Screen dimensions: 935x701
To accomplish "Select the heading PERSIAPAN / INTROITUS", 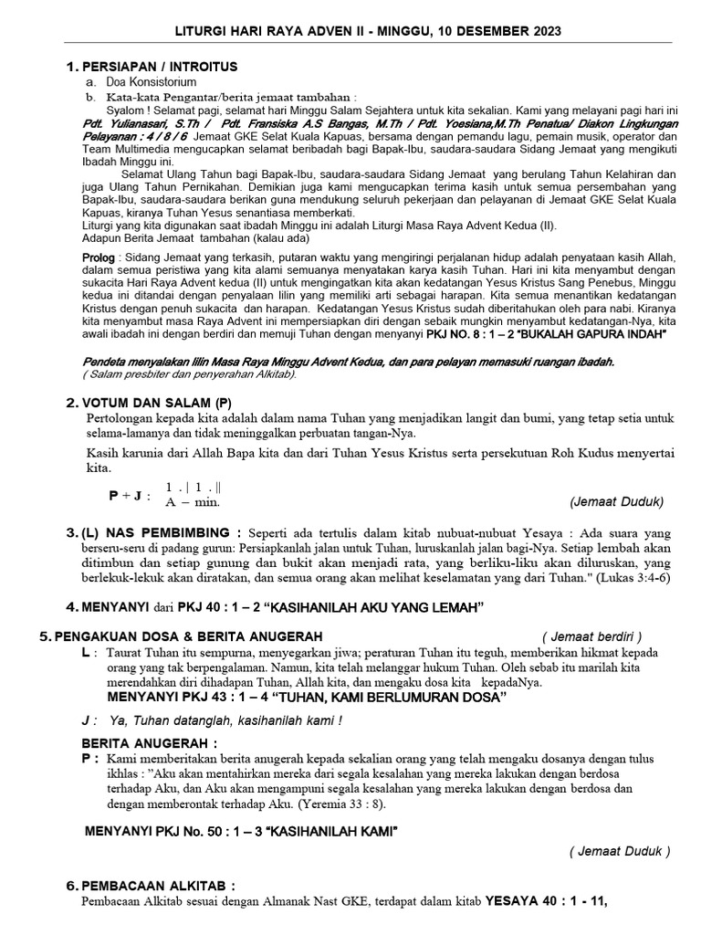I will pyautogui.click(x=160, y=68).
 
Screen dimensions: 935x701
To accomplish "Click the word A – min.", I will pyautogui.click(x=193, y=502).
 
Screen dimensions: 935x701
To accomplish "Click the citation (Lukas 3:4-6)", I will pyautogui.click(x=629, y=578).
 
